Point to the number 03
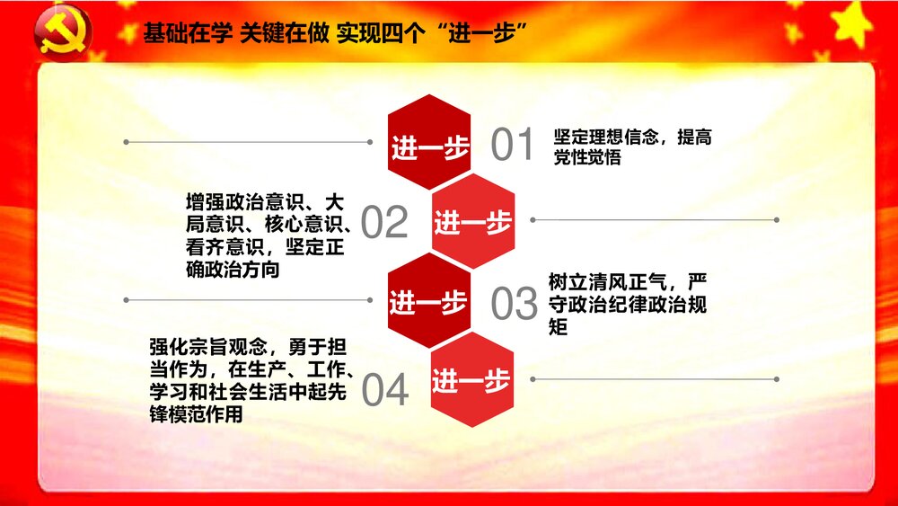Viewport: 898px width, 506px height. click(x=514, y=305)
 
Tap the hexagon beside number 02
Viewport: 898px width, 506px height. click(x=473, y=221)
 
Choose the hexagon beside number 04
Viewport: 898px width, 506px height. click(x=472, y=380)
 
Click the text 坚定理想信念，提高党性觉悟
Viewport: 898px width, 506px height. click(x=632, y=146)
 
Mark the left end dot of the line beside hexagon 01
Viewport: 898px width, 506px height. click(x=127, y=142)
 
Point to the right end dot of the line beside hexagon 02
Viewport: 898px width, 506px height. click(x=777, y=220)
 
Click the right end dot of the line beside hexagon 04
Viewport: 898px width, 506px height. click(x=777, y=379)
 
